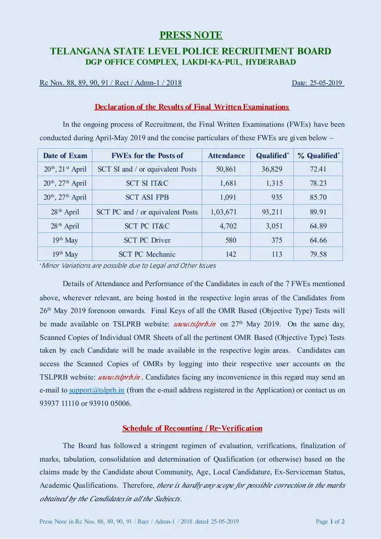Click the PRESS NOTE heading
(190, 35)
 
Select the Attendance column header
(226, 156)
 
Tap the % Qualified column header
(318, 156)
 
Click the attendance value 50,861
(226, 169)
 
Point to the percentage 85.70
(318, 197)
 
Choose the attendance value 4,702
(228, 226)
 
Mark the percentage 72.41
(318, 169)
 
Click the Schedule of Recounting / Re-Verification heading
(192, 428)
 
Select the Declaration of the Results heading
(192, 107)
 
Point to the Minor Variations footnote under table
(128, 266)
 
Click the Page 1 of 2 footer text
(330, 522)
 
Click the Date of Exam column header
(65, 156)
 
